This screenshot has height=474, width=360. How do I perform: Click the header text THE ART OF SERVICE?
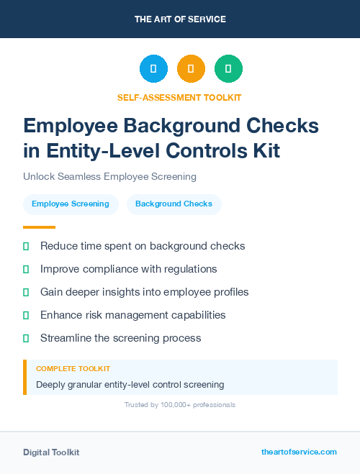180,19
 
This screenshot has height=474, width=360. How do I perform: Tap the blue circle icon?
153,69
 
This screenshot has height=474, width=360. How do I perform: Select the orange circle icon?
191,69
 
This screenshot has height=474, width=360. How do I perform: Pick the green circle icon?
228,69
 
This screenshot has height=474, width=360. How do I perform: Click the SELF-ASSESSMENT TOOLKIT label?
179,97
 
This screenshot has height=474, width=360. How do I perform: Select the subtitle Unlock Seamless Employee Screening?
109,176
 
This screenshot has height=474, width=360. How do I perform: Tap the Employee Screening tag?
71,204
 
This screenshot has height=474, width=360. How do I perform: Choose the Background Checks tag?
174,204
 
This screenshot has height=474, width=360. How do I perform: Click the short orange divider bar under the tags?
39,227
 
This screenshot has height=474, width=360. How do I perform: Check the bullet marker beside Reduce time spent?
26,247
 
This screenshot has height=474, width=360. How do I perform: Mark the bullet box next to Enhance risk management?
26,315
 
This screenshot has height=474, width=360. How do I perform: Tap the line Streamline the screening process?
120,338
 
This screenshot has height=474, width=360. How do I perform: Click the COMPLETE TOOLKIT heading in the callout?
73,368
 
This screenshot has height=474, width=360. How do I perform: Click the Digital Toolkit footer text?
51,452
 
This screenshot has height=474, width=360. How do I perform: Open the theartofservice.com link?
299,452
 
